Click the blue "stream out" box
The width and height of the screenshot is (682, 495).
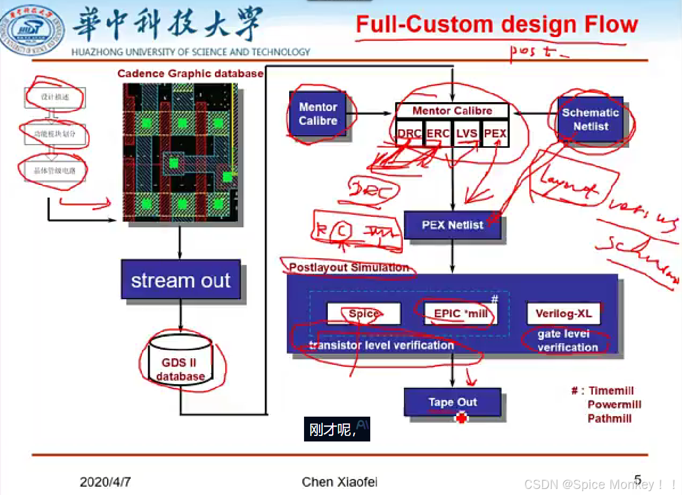(x=180, y=280)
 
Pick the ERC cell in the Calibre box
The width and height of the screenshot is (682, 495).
(x=438, y=134)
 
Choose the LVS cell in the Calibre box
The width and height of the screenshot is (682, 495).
(x=467, y=134)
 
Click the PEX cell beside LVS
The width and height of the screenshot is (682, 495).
(x=495, y=134)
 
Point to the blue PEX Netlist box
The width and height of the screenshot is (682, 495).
(x=452, y=225)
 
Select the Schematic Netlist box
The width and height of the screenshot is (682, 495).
(x=590, y=119)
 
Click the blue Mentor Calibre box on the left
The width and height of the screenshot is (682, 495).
(x=318, y=114)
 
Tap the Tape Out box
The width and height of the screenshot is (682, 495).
(x=452, y=402)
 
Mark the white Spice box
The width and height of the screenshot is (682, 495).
(x=363, y=314)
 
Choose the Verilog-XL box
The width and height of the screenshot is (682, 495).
(x=563, y=314)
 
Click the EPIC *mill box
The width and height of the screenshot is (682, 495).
(x=460, y=314)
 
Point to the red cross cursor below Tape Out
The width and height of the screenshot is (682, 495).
(x=461, y=418)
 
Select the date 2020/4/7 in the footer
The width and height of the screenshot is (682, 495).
(x=105, y=482)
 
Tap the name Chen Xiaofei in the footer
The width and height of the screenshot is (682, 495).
(x=339, y=482)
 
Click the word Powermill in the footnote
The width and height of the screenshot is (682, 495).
(x=614, y=404)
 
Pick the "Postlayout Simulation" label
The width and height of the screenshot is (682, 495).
(x=349, y=268)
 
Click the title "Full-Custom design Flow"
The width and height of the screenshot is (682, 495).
(x=497, y=25)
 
